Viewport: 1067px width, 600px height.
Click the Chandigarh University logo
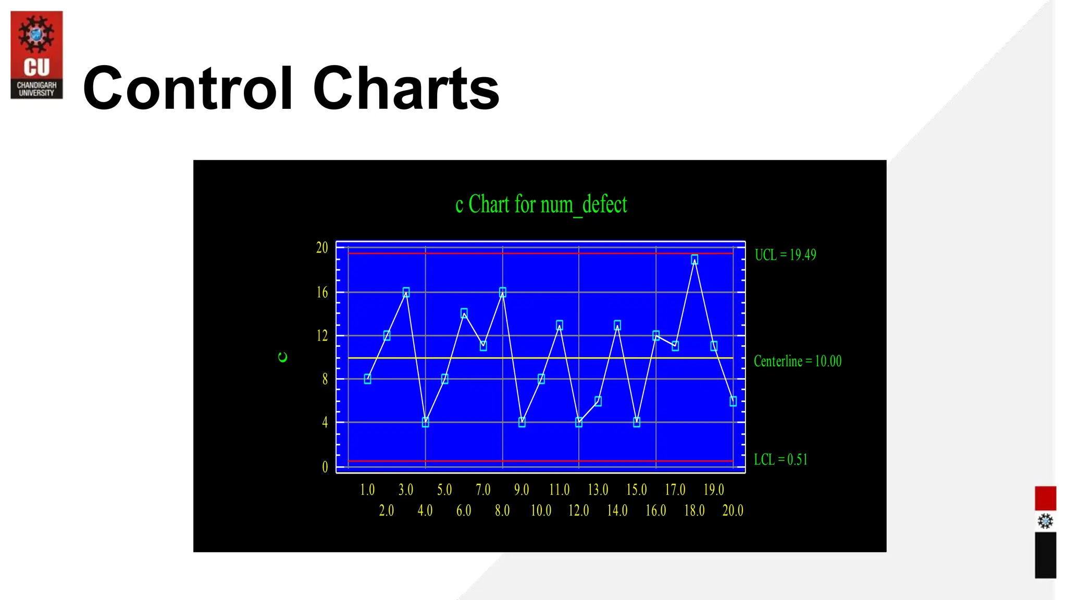[36, 55]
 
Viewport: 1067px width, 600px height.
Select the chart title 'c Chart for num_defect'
[541, 204]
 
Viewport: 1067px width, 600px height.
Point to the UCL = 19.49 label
[785, 255]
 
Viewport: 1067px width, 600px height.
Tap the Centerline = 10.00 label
[797, 361]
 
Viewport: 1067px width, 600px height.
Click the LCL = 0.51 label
[780, 459]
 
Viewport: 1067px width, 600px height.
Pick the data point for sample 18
[694, 259]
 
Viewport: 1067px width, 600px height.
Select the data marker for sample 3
[406, 292]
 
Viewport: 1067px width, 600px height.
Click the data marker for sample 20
[733, 401]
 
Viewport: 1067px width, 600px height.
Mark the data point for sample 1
[367, 379]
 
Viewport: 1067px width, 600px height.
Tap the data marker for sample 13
[598, 401]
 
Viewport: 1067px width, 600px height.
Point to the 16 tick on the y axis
[322, 293]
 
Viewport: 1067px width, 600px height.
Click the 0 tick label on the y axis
[325, 467]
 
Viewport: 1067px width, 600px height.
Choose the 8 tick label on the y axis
[325, 379]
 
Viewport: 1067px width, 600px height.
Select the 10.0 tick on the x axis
[541, 510]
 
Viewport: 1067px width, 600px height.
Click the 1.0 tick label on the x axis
[367, 490]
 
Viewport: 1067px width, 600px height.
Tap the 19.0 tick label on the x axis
[714, 490]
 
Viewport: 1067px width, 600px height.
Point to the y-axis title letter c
[283, 357]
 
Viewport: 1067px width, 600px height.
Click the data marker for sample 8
[502, 292]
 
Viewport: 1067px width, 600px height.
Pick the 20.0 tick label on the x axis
[733, 510]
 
